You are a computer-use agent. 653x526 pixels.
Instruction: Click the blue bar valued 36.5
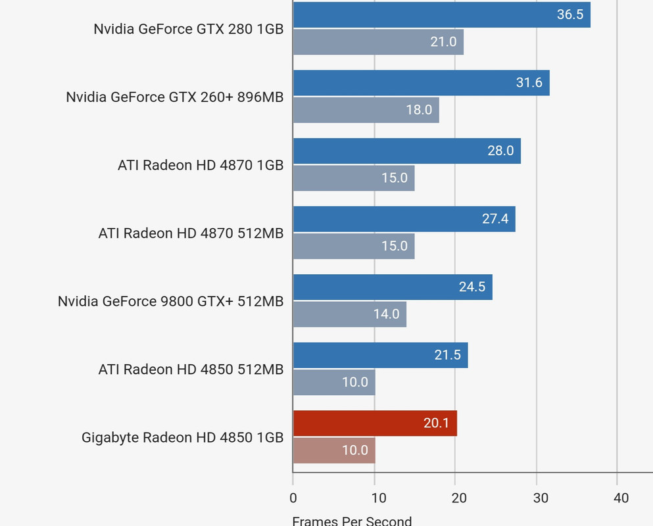[x=441, y=14]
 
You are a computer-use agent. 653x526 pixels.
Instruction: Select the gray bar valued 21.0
[x=378, y=42]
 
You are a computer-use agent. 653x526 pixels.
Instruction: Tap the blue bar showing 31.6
[x=421, y=83]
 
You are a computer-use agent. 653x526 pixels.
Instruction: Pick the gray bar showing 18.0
[x=366, y=110]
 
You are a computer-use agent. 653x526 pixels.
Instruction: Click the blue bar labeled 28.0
[x=406, y=151]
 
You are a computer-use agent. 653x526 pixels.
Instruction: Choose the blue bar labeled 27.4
[x=404, y=219]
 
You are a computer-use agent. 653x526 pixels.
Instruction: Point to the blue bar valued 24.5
[x=393, y=287]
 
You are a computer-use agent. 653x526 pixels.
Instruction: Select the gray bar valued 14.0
[x=349, y=314]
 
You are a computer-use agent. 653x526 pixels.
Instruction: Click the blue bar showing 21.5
[x=380, y=355]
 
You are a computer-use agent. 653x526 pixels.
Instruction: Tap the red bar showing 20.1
[x=375, y=423]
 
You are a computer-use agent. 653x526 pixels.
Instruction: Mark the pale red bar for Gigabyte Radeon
[x=334, y=450]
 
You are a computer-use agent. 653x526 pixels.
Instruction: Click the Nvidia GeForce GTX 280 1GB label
[x=188, y=29]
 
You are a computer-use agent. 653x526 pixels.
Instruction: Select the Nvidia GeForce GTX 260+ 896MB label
[x=174, y=97]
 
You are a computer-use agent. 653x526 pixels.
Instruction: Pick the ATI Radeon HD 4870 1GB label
[x=201, y=165]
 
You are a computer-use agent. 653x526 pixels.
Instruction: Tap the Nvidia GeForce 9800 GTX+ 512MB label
[x=170, y=301]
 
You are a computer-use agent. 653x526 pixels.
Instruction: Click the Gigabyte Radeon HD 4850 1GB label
[x=182, y=437]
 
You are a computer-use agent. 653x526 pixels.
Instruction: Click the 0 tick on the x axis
[x=293, y=498]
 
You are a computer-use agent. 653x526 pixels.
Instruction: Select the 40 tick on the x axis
[x=620, y=498]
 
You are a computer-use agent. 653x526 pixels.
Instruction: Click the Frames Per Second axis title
[x=352, y=521]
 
